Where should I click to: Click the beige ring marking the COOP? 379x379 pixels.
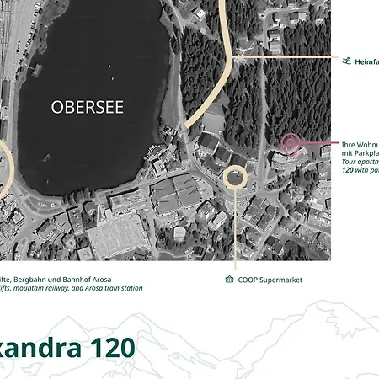(235, 178)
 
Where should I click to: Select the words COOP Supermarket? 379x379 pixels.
(270, 280)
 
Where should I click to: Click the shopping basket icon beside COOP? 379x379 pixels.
(230, 280)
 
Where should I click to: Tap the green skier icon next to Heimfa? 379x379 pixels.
(345, 61)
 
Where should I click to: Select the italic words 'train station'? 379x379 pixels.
(120, 288)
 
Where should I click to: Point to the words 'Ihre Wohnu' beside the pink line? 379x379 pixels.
(360, 144)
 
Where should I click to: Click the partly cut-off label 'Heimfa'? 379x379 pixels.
(366, 61)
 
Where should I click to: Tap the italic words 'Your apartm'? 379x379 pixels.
(360, 161)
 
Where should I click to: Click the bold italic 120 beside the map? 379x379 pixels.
(349, 170)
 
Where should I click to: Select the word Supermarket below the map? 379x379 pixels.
(280, 280)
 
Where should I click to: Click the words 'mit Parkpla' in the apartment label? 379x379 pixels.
(360, 152)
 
